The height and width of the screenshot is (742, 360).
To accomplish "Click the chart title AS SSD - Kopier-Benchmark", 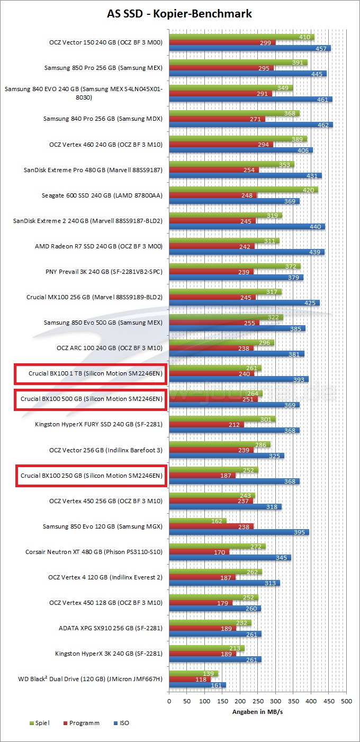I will [x=179, y=13].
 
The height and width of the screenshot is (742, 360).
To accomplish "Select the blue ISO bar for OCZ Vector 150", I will [x=250, y=48].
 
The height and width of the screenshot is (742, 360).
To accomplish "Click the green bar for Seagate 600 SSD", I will [x=244, y=190].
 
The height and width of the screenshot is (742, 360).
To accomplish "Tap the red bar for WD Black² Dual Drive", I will [x=190, y=680].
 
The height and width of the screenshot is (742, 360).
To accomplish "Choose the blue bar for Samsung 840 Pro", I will [x=251, y=125].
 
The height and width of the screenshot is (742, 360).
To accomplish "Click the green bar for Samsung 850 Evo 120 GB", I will [x=198, y=521].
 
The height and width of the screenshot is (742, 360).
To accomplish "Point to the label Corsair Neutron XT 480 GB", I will [x=94, y=552].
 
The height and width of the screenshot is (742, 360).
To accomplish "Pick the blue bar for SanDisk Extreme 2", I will [x=247, y=227].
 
